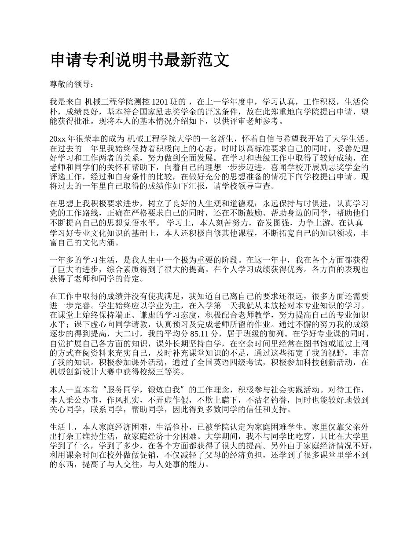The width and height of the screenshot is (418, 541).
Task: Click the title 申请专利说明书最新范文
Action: [139, 60]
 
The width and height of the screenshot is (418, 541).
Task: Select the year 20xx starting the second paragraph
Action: [58, 139]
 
